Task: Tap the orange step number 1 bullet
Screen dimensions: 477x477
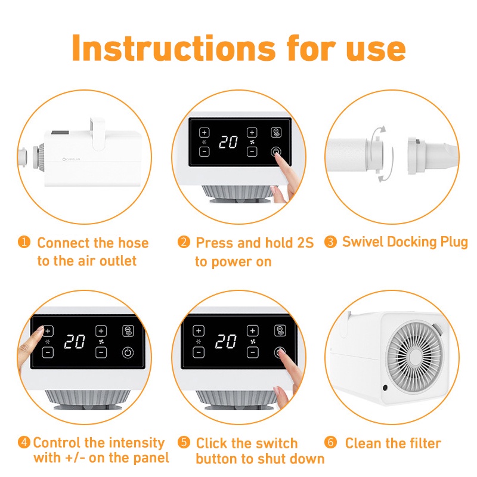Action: [24, 242]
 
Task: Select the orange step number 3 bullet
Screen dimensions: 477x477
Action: [330, 242]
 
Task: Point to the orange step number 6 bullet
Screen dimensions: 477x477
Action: [330, 442]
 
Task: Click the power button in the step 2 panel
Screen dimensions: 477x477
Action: [276, 151]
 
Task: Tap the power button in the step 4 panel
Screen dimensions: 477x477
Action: [128, 352]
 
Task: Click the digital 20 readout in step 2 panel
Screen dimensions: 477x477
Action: [228, 142]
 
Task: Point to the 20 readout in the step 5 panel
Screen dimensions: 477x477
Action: [226, 341]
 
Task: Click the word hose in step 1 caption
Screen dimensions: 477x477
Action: [133, 243]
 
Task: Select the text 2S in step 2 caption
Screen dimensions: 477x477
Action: [305, 243]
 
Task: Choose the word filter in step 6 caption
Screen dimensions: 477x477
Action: [425, 443]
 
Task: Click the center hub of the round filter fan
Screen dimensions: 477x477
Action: [415, 357]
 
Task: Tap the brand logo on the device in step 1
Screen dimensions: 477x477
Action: [71, 159]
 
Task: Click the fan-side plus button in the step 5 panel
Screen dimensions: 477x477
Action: [252, 330]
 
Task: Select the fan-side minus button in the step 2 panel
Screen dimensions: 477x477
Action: [252, 151]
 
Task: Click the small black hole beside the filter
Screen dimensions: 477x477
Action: [385, 387]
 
